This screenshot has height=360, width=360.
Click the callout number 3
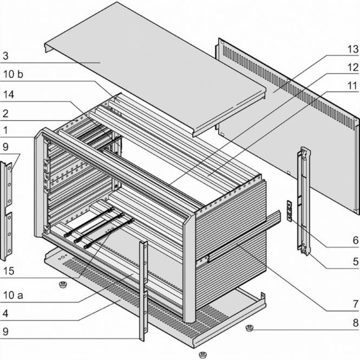[5, 55]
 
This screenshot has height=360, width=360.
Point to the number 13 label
[352, 49]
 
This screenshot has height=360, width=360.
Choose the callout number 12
[352, 68]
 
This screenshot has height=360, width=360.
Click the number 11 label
[352, 86]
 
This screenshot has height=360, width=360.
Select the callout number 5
[355, 261]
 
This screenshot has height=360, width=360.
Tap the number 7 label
[355, 304]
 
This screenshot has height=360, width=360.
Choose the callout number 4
[5, 312]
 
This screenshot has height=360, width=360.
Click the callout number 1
[5, 130]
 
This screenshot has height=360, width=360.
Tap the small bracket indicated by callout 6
[289, 211]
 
